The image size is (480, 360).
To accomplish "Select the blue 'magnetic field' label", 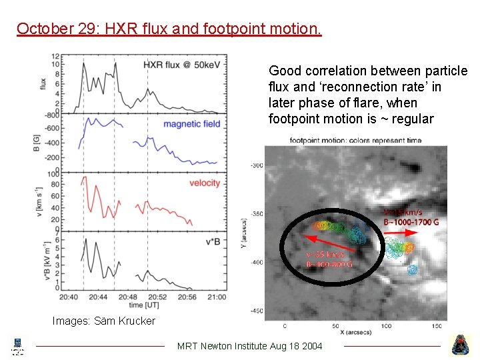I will pos(191,124).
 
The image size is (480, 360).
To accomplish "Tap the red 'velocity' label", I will pos(205,183).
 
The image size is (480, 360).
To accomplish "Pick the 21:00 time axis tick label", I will pos(217,297).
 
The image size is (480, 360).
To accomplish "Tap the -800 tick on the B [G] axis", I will pos(53,115).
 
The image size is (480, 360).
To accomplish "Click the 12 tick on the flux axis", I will pos(57,56).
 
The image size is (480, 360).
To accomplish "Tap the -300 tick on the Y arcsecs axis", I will pos(257,166).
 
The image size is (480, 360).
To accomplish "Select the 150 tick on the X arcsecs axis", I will pos(437,326).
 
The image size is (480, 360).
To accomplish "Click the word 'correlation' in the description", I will pos(333,71).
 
